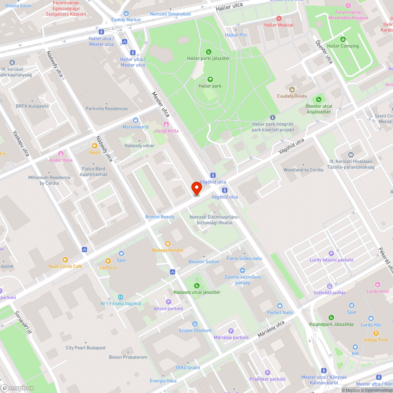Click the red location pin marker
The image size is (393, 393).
tap(196, 188)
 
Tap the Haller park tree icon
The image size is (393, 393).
tap(210, 79)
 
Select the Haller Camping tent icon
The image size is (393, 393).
tap(343, 39)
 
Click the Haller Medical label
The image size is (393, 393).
tap(279, 25)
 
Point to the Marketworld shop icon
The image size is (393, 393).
tap(136, 120)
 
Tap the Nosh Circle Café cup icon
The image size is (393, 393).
tap(65, 259)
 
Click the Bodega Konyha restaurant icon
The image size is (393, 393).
tap(168, 243)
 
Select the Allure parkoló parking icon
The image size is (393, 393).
tap(169, 302)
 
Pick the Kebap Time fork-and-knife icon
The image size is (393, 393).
tap(376, 333)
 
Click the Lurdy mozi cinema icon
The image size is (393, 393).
tap(378, 285)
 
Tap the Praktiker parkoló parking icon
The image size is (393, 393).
tap(268, 373)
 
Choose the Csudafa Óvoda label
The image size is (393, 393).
tap(292, 96)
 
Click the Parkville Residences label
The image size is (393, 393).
tap(107, 108)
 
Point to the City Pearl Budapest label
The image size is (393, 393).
tap(86, 348)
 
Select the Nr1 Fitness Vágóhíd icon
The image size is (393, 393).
tap(121, 297)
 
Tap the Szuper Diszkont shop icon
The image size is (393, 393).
tap(195, 324)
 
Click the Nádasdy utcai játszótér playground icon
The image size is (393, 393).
tap(196, 285)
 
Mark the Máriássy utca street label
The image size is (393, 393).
tap(271, 329)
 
